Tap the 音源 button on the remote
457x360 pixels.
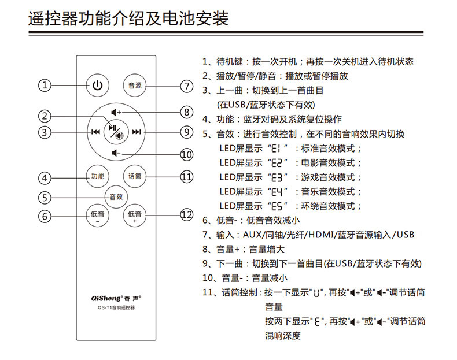click(135, 86)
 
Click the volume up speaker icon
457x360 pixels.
click(116, 112)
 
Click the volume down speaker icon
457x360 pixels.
click(116, 153)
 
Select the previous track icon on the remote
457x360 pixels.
click(95, 132)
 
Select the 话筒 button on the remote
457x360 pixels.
click(135, 176)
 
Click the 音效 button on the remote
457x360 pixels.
click(116, 196)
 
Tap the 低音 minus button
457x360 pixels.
click(97, 216)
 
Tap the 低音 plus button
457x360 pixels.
click(135, 216)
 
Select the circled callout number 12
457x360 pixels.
click(186, 215)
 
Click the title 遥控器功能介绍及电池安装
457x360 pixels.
click(128, 18)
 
